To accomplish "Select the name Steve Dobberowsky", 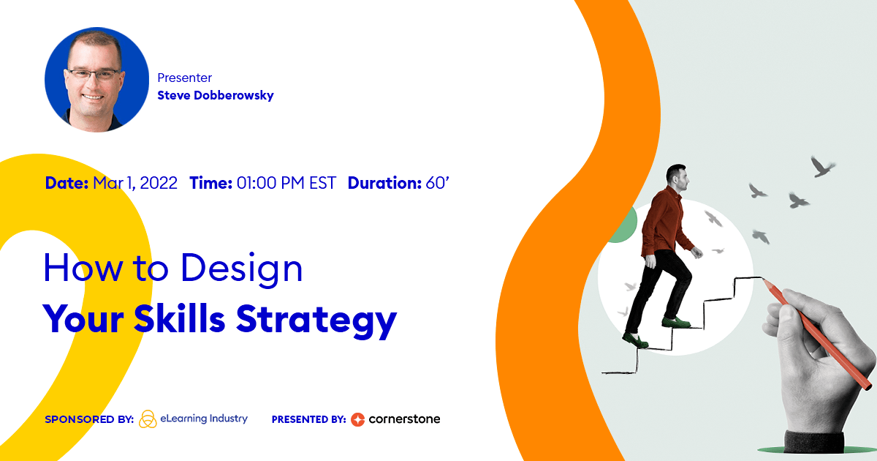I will pyautogui.click(x=216, y=95).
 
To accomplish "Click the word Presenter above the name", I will pyautogui.click(x=184, y=78).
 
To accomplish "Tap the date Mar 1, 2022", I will pyautogui.click(x=135, y=183).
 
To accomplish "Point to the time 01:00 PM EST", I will pyautogui.click(x=286, y=183).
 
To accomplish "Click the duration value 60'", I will pyautogui.click(x=436, y=183).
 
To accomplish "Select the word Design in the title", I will pyautogui.click(x=241, y=269).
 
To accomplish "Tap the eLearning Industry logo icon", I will pyautogui.click(x=148, y=419).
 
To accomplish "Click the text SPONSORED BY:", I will pyautogui.click(x=88, y=420).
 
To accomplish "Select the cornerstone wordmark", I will pyautogui.click(x=404, y=419).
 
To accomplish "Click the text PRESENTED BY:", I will pyautogui.click(x=308, y=420).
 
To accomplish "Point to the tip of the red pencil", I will pyautogui.click(x=765, y=280).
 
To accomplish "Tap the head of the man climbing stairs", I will pyautogui.click(x=677, y=177).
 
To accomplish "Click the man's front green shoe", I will pyautogui.click(x=676, y=321).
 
